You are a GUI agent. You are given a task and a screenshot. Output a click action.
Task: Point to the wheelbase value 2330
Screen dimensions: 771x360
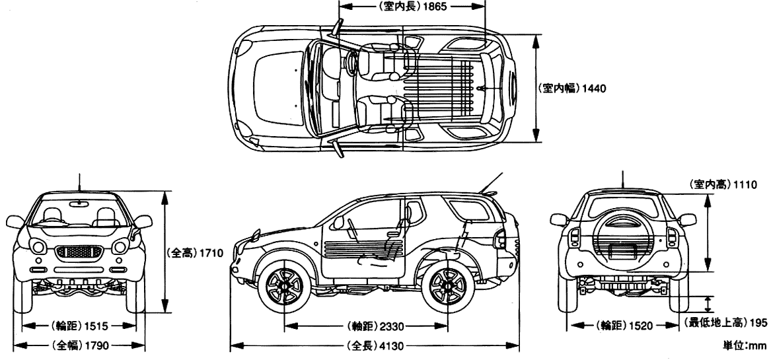click(391, 326)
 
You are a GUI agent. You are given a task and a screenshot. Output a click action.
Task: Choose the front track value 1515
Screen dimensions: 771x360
click(97, 326)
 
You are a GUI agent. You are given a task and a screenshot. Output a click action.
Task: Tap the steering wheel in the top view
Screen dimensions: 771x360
click(351, 61)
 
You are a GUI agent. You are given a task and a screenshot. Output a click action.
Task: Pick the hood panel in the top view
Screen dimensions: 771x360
click(278, 87)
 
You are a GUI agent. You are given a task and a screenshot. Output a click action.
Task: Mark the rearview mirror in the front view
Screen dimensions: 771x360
click(79, 202)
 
